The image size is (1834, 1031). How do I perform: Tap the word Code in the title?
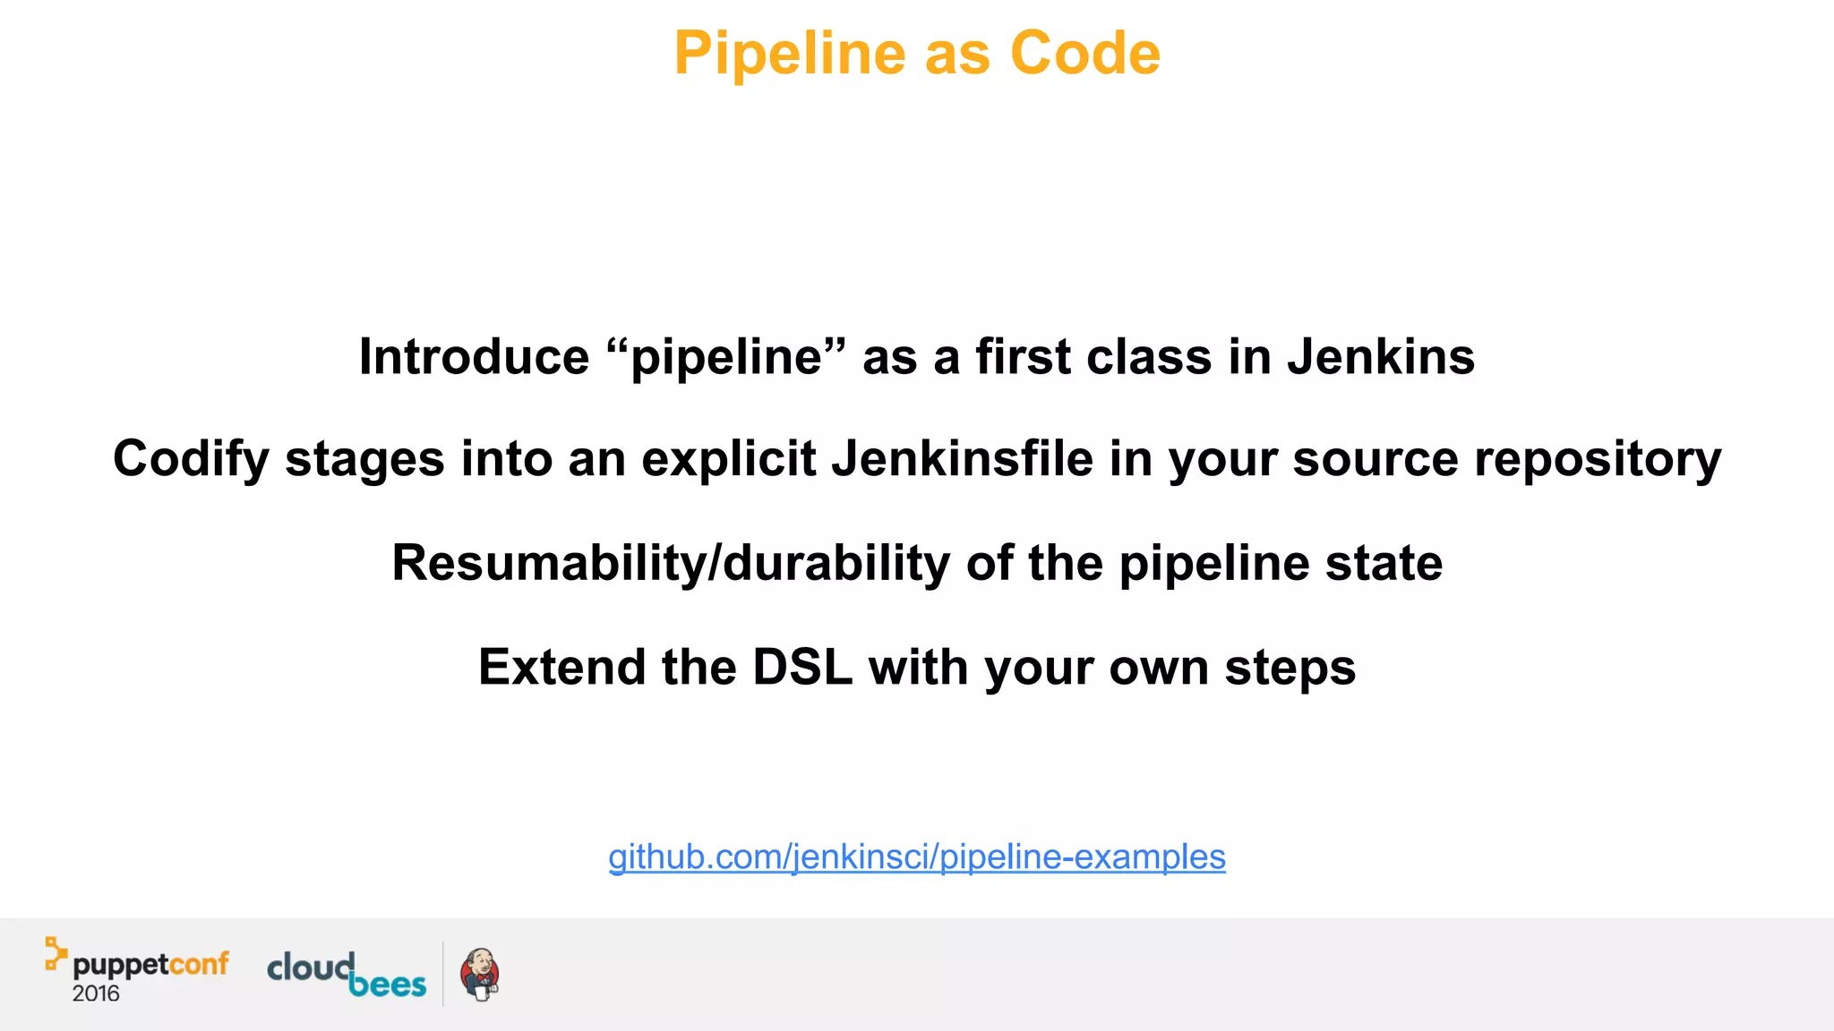[x=1084, y=54]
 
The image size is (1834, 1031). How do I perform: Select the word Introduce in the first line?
[x=474, y=357]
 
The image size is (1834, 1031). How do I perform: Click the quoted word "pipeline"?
[x=725, y=357]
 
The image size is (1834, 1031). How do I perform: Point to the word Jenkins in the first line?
[x=1380, y=357]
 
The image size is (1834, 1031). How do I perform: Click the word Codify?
[x=191, y=459]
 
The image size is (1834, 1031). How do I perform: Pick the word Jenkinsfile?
[x=962, y=459]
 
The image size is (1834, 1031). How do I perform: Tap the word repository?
[x=1597, y=459]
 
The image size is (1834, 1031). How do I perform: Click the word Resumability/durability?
[x=671, y=564]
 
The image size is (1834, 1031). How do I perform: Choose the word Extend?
[x=561, y=668]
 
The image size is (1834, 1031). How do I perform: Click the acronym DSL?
[x=801, y=668]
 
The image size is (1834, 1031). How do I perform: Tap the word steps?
[x=1290, y=668]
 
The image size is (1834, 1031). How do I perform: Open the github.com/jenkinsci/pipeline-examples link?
[x=916, y=857]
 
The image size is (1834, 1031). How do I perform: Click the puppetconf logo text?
[x=150, y=965]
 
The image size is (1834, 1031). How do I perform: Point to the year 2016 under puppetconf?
[x=96, y=993]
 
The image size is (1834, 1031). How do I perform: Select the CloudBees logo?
[x=347, y=975]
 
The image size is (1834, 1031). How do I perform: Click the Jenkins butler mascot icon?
[x=480, y=975]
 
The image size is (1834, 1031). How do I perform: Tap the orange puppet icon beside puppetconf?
[x=56, y=954]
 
